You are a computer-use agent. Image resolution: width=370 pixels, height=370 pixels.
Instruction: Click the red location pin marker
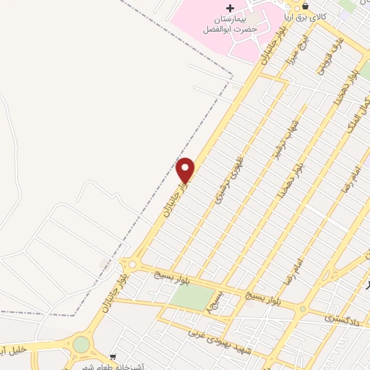(x=186, y=169)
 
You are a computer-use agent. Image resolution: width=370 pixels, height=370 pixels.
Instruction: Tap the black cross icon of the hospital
(x=230, y=7)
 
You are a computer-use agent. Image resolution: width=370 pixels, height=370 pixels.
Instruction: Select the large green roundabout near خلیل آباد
(x=81, y=344)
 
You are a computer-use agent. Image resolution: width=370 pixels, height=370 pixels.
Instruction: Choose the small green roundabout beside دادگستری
(x=304, y=309)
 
